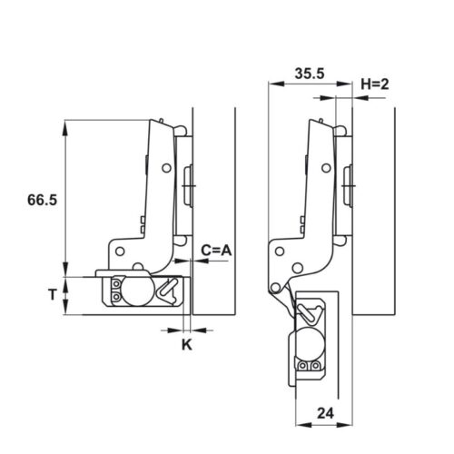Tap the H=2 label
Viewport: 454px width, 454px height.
[x=375, y=84]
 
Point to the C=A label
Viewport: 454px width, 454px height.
[x=216, y=249]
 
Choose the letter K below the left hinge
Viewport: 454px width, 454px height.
[x=186, y=344]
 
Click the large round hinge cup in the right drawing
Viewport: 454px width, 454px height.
[x=307, y=346]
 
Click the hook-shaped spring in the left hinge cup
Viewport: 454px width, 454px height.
[x=168, y=291]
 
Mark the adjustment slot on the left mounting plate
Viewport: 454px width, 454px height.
[x=189, y=187]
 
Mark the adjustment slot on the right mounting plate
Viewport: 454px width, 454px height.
[x=348, y=185]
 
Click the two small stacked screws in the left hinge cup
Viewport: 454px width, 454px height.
[x=115, y=291]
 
